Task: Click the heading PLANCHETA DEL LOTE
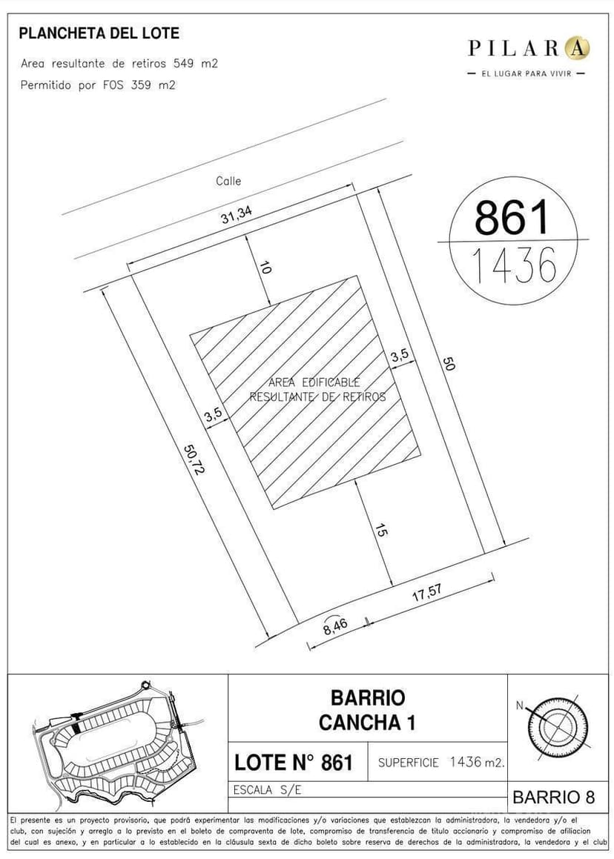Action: pyautogui.click(x=99, y=33)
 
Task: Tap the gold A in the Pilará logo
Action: pyautogui.click(x=577, y=47)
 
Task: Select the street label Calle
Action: pyautogui.click(x=228, y=181)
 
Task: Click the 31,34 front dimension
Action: pyautogui.click(x=237, y=215)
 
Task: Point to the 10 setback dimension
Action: pyautogui.click(x=265, y=268)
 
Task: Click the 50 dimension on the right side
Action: pyautogui.click(x=449, y=364)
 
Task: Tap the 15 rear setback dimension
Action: pyautogui.click(x=382, y=530)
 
